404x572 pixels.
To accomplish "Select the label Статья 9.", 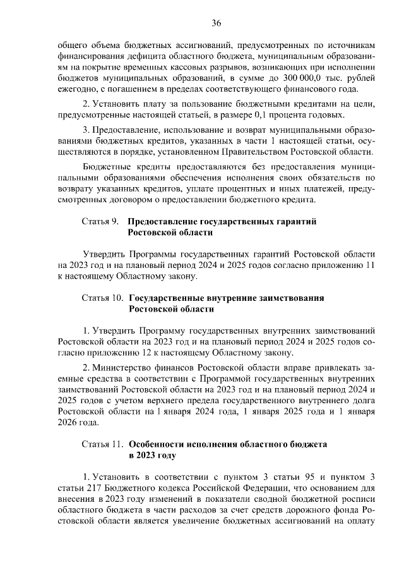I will pos(100,222).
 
